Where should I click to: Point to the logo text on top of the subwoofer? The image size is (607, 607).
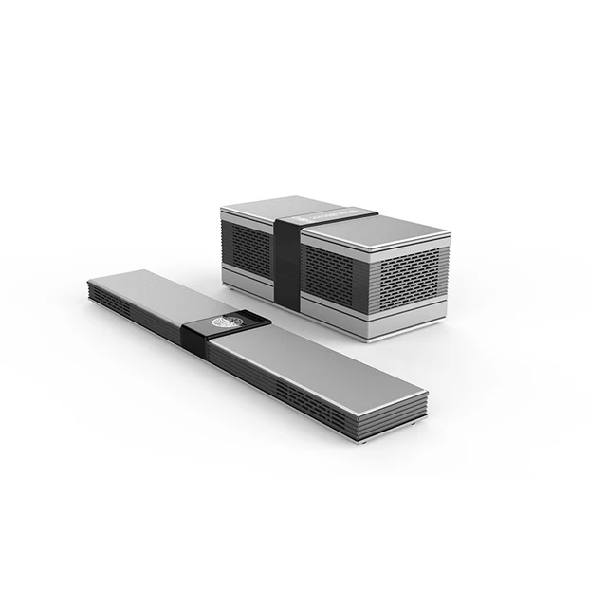click(318, 213)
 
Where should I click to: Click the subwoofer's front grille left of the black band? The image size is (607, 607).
click(248, 251)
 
